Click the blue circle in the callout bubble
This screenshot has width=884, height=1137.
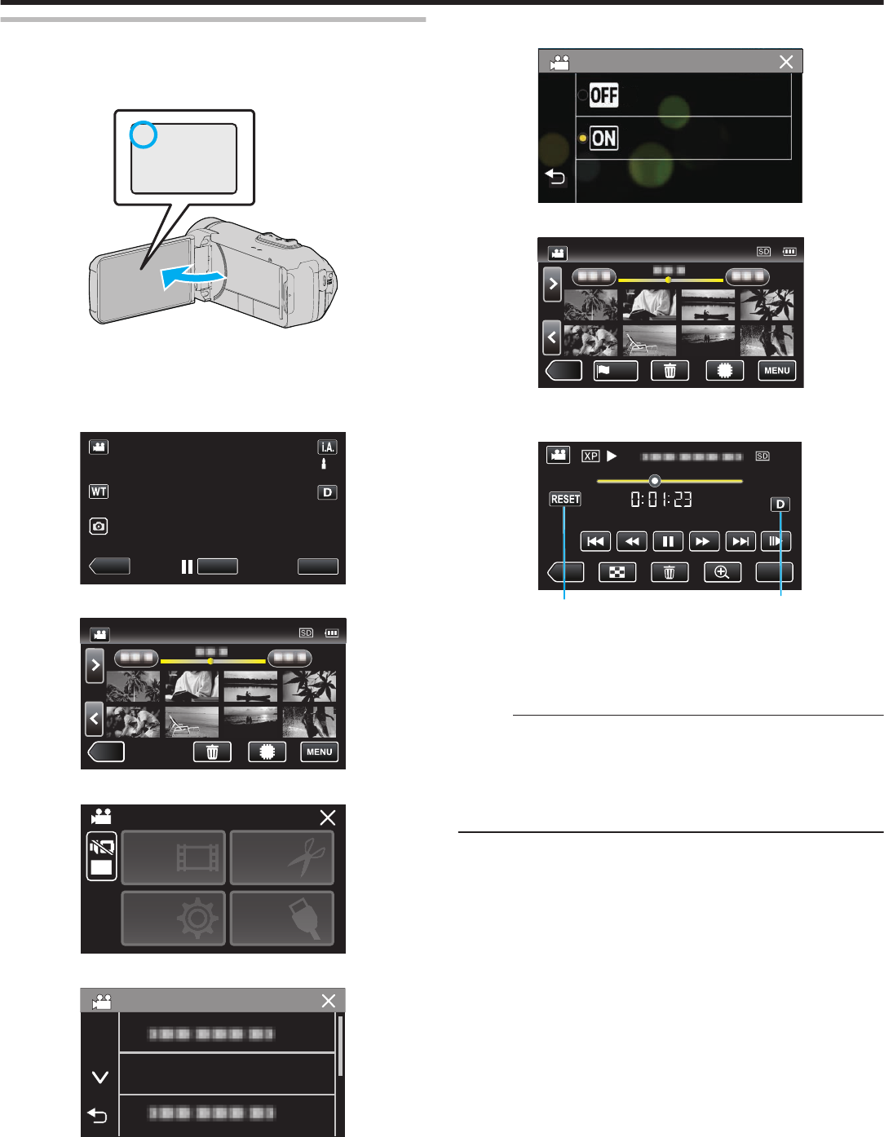[x=144, y=135]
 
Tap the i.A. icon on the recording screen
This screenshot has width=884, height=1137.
[x=327, y=447]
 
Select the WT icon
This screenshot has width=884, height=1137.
[x=99, y=491]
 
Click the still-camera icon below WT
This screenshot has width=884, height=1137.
[x=99, y=527]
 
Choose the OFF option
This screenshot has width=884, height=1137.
[x=603, y=95]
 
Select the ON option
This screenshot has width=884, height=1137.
[x=603, y=138]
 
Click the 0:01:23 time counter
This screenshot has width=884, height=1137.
[x=661, y=499]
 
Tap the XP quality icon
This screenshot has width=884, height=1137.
[x=590, y=456]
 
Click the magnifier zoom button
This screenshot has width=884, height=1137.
[x=723, y=572]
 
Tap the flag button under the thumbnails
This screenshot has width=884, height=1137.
[x=615, y=371]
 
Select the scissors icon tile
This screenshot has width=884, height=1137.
[x=282, y=857]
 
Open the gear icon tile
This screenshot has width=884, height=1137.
[x=174, y=918]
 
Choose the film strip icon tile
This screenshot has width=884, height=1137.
[x=174, y=857]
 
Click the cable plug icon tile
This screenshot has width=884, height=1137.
[x=282, y=918]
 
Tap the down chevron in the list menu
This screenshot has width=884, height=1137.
[x=100, y=1077]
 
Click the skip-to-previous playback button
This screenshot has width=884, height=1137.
[x=595, y=541]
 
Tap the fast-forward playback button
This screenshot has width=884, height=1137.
[x=703, y=541]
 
